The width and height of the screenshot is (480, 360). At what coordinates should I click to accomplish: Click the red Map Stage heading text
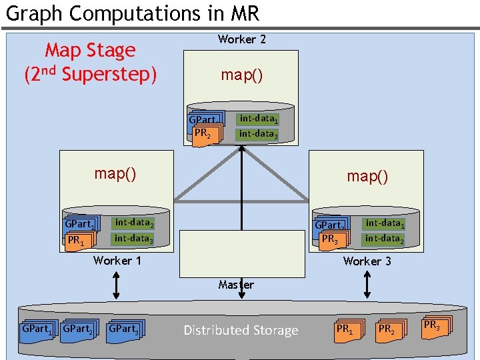(90, 51)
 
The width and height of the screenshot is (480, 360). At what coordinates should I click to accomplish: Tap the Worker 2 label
(241, 39)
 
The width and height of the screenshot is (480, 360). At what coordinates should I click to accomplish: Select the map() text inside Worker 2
(241, 75)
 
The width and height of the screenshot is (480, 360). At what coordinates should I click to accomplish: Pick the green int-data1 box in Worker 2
(259, 119)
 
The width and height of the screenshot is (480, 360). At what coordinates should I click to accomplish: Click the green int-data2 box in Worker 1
(133, 223)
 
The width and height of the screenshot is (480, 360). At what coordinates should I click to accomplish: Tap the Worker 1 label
(117, 261)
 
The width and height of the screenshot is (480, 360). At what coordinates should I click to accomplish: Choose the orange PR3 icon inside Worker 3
(331, 239)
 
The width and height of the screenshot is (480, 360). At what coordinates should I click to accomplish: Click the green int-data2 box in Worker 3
(384, 239)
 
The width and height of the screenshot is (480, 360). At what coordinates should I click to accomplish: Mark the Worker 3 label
(367, 261)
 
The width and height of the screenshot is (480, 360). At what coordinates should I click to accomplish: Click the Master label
(236, 285)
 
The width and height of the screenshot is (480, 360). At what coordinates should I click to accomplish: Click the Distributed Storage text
(241, 330)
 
